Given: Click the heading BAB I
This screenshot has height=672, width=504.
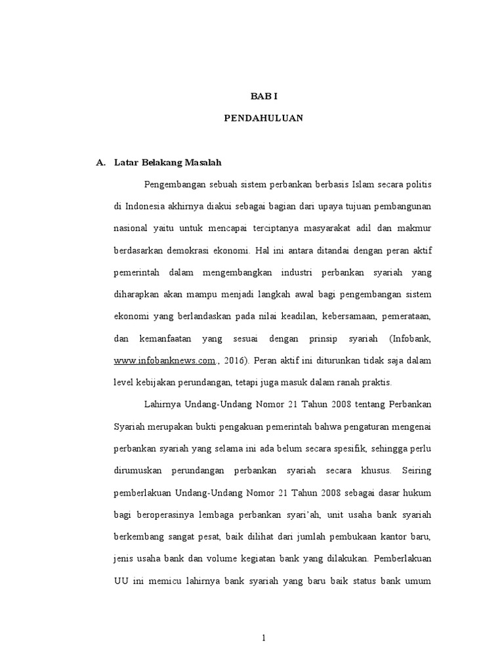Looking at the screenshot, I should point(264,96).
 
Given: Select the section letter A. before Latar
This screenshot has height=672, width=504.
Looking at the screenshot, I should point(100,161).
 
